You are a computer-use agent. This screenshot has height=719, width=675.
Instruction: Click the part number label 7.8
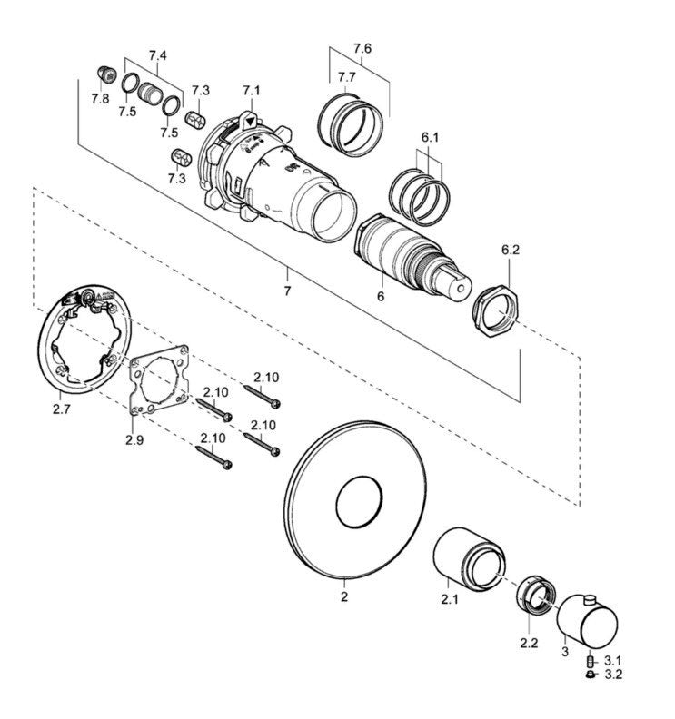(100, 98)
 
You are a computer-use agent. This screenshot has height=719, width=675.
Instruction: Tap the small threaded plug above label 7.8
(106, 74)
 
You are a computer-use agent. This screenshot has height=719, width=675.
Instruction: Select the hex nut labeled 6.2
(494, 310)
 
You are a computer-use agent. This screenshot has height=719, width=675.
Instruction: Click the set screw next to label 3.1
(591, 661)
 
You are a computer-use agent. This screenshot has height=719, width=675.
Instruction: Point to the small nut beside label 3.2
(591, 674)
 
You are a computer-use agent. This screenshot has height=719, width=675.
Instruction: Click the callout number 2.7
(62, 409)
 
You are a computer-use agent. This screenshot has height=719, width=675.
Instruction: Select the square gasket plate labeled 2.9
(159, 380)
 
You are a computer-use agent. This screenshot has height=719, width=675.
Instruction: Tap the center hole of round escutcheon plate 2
(359, 502)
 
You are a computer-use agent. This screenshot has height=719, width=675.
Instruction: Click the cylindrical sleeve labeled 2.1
(469, 558)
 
